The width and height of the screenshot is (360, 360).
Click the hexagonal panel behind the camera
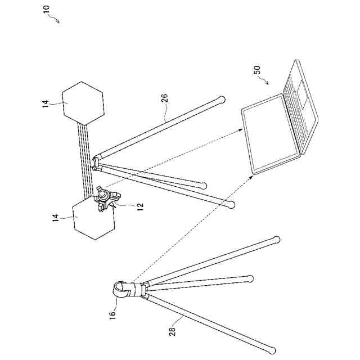[x=93, y=219]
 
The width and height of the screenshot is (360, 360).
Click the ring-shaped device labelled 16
[x=120, y=290]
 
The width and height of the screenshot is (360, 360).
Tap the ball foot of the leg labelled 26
[x=222, y=100]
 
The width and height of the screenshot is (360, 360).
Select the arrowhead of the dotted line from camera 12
[x=242, y=129]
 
